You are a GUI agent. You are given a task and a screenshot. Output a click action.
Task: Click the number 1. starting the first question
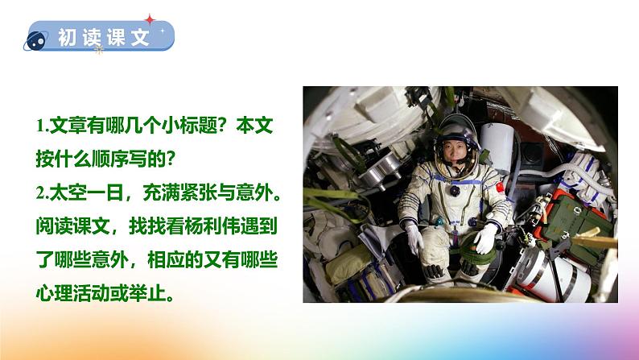pos(42,126)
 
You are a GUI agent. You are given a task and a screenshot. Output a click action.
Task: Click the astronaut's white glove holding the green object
pos(485,238)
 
